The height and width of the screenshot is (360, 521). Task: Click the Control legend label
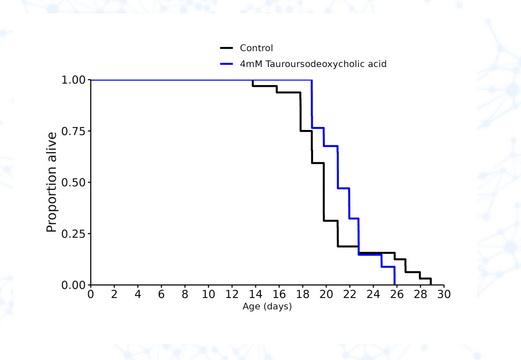(x=256, y=48)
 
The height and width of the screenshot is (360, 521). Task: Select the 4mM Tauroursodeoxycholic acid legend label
(x=313, y=64)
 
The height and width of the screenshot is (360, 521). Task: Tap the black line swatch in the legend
(x=227, y=48)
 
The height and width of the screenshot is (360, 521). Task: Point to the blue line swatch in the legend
(x=227, y=64)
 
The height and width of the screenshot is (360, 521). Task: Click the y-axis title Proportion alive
(x=52, y=182)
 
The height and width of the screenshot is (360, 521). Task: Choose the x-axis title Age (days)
(x=267, y=307)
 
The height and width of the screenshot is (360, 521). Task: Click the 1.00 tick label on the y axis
(x=74, y=80)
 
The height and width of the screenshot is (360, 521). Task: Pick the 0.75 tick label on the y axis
(x=74, y=131)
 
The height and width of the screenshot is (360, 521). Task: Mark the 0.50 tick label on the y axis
(x=74, y=182)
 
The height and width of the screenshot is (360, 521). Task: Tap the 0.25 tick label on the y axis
(x=74, y=234)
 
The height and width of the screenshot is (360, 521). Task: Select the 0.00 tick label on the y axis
(x=74, y=285)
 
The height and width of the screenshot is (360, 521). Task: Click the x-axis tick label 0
(x=91, y=294)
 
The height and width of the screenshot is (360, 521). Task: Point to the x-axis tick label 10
(x=208, y=294)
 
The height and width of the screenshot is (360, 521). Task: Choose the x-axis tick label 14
(x=255, y=294)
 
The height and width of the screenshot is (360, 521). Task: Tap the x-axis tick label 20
(x=326, y=294)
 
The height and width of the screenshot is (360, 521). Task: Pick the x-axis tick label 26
(x=397, y=294)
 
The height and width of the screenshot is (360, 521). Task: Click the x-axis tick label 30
(x=444, y=294)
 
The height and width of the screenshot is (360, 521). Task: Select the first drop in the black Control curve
(x=253, y=83)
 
